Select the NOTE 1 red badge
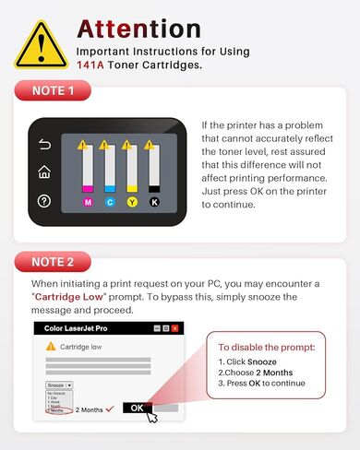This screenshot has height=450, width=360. coord(53,90)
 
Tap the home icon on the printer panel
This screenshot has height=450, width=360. coord(43,172)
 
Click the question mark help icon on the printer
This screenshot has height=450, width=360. coord(43,201)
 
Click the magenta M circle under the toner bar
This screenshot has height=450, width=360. coord(89,201)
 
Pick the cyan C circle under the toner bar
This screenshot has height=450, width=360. coord(110,201)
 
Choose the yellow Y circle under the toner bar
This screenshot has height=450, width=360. coord(132,201)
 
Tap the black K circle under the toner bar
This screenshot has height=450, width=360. coord(153,201)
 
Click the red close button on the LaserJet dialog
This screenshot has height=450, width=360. coord(175,328)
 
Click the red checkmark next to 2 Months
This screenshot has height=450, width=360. coord(109,407)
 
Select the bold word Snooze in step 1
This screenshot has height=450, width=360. coord(264,362)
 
